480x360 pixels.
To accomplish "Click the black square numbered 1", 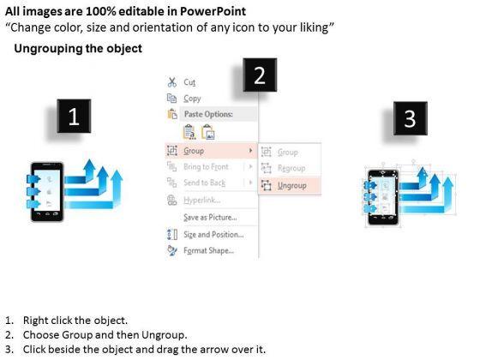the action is [74, 116].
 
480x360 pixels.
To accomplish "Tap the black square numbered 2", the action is [260, 75].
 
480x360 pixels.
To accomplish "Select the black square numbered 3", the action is [411, 118].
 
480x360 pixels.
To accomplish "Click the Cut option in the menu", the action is [189, 82].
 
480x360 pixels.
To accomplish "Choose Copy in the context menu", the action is [192, 99].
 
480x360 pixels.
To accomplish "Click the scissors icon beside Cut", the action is [172, 82].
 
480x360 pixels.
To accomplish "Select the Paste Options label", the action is [208, 114].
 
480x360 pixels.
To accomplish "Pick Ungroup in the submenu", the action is [292, 185].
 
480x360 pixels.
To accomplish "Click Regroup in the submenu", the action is [291, 168].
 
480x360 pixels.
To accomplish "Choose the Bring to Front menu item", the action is [206, 166].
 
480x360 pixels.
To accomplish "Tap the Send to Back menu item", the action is [205, 183].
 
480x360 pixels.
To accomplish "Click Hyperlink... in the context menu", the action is [202, 200].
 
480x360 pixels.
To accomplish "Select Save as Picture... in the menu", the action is [210, 217].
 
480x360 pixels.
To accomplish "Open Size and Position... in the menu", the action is [213, 234].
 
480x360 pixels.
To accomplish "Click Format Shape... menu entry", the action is [209, 250].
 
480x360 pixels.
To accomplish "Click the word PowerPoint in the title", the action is [213, 11].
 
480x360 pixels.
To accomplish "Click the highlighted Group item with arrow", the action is [211, 151].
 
